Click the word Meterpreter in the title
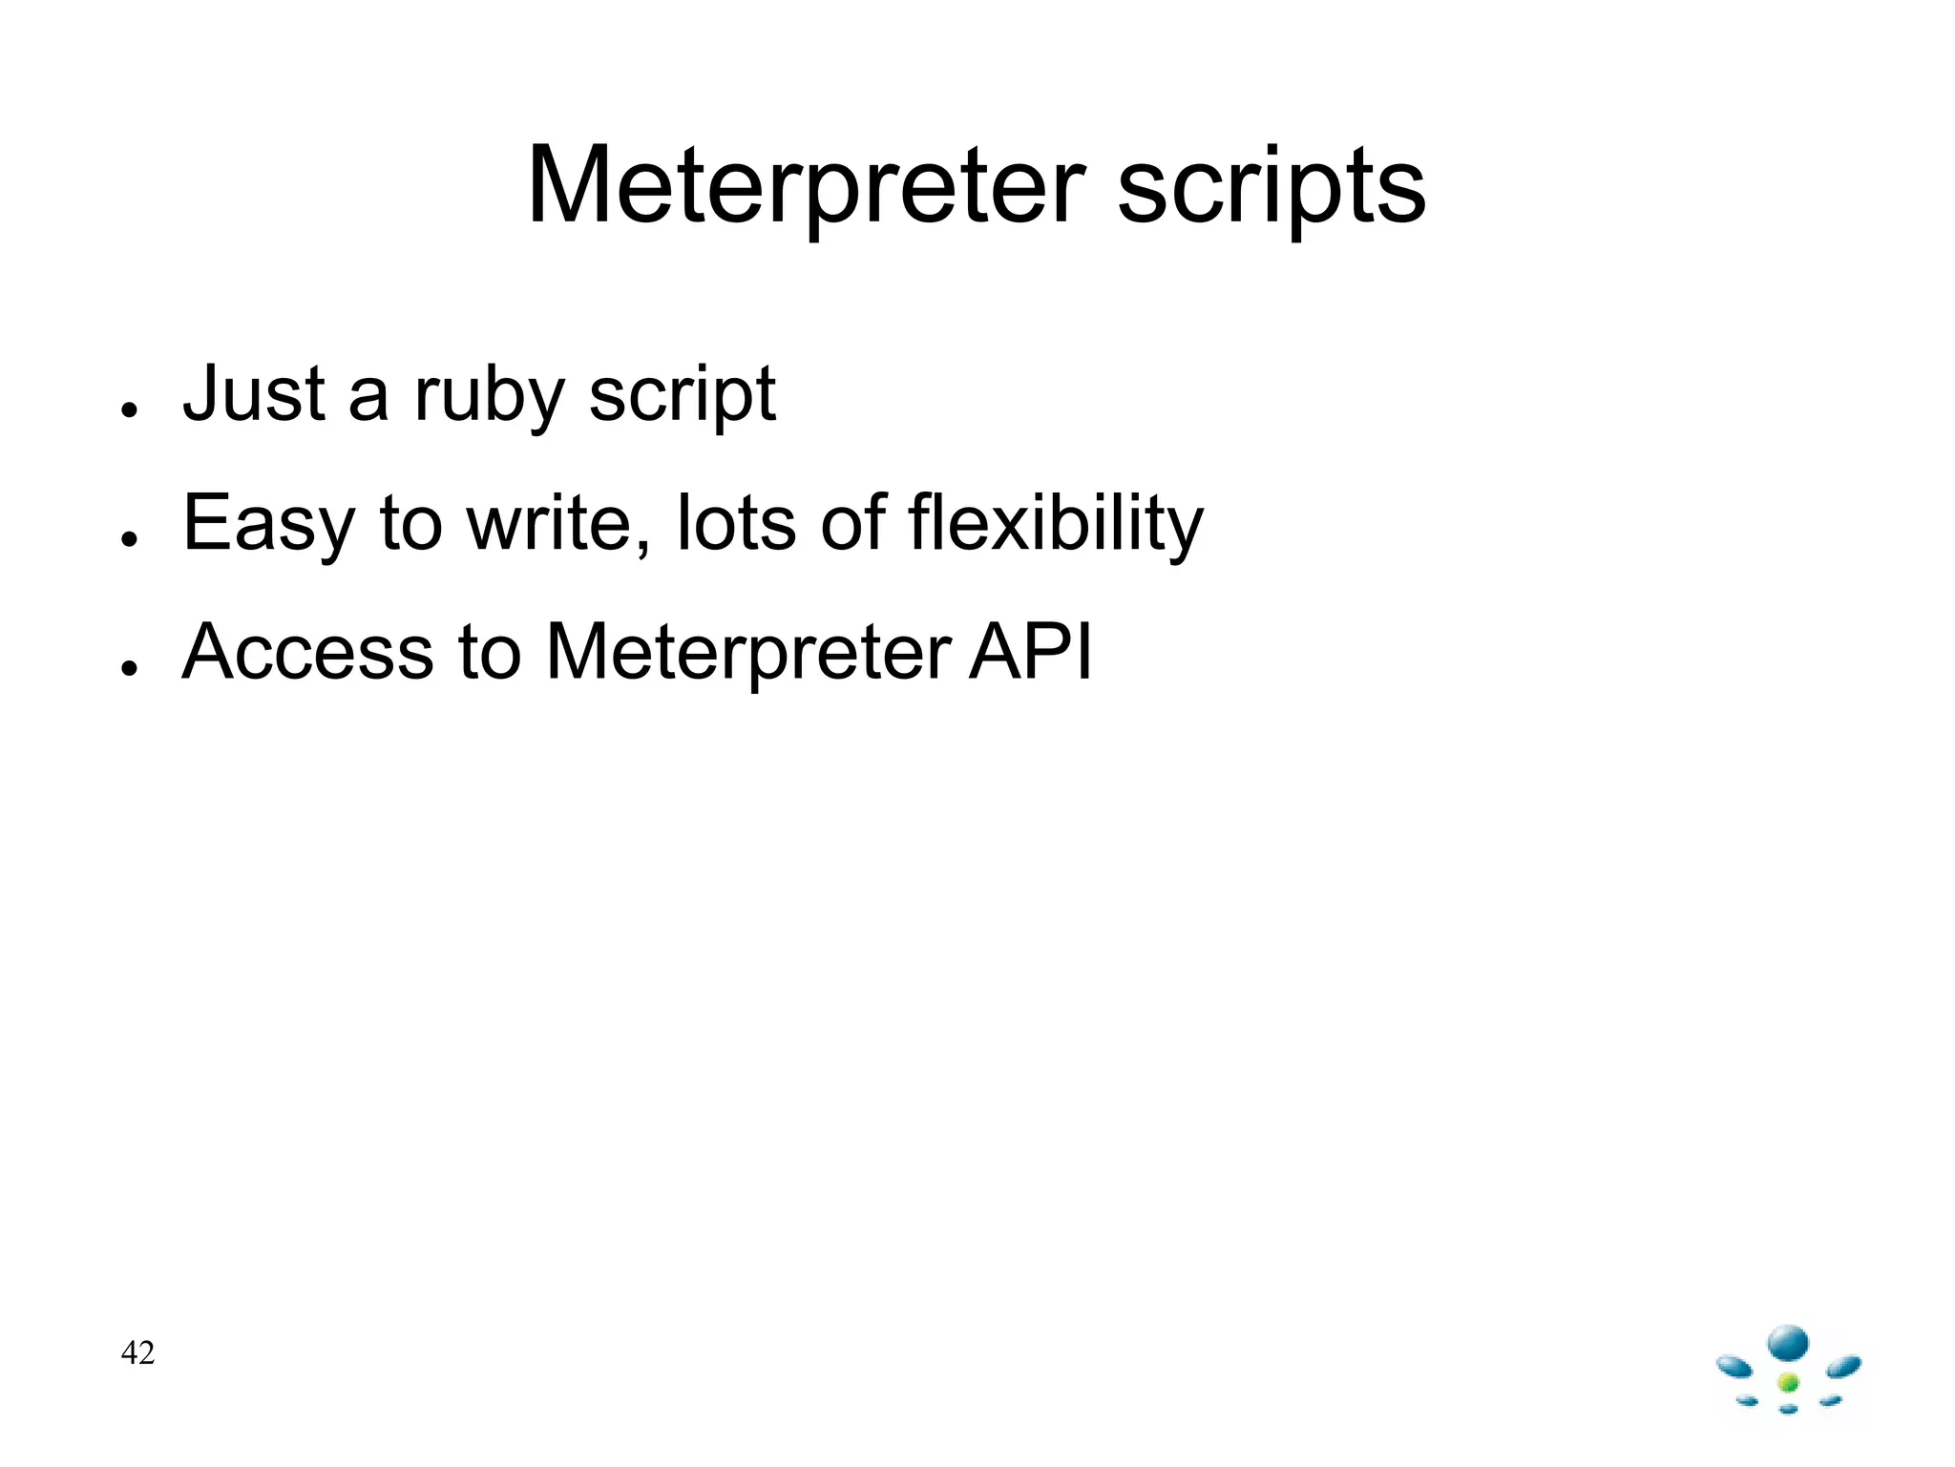point(806,186)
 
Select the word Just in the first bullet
point(255,393)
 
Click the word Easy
point(268,524)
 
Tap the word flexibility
point(1056,524)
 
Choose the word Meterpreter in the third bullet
point(748,653)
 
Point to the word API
point(1031,652)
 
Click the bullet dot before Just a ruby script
point(130,409)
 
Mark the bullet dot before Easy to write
point(130,539)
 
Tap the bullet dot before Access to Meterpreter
point(130,668)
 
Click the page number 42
point(137,1352)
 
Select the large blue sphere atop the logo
point(1788,1344)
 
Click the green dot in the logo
point(1789,1382)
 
